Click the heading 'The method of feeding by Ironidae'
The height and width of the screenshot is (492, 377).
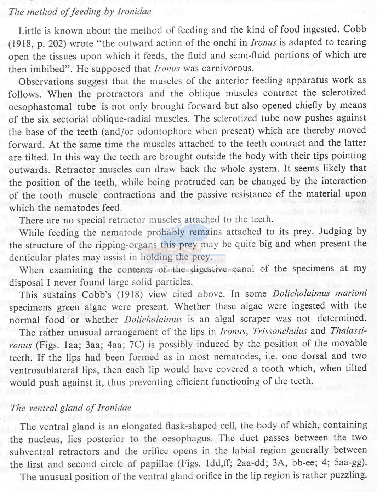[x=80, y=12]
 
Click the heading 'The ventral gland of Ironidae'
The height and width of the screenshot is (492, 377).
[x=71, y=408]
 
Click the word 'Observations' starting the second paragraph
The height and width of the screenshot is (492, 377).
[x=46, y=82]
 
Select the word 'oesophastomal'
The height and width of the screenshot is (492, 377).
[x=40, y=107]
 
